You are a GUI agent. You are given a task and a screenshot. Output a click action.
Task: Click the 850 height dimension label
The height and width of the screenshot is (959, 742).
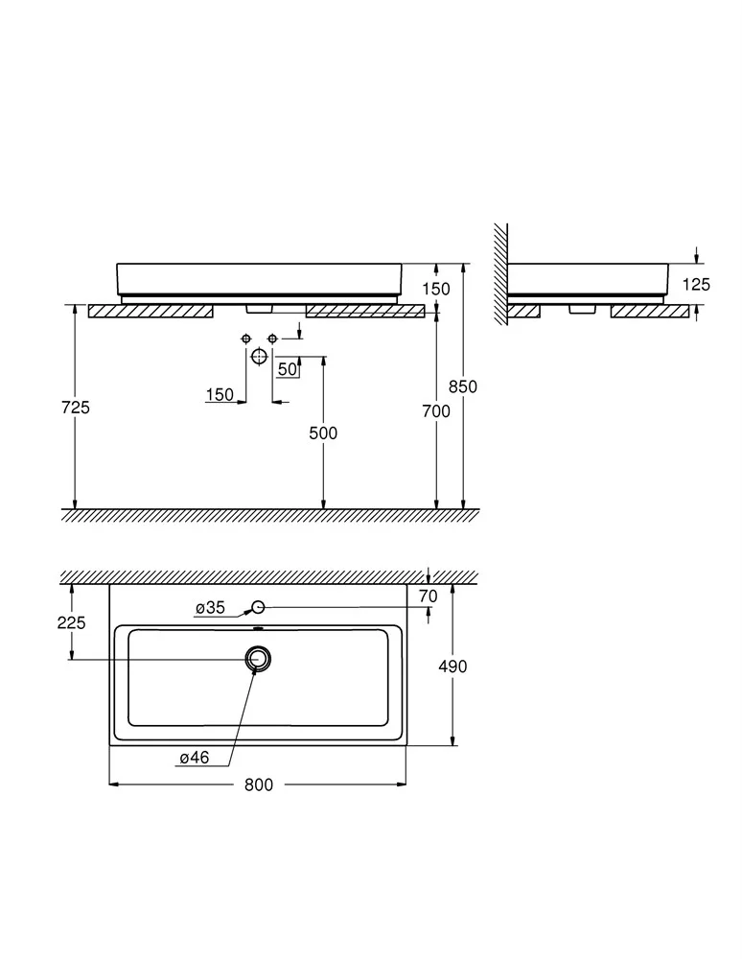click(463, 386)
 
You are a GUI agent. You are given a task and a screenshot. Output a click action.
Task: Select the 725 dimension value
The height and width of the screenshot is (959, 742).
click(75, 408)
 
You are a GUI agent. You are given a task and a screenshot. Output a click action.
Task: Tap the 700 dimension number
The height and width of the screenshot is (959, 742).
click(436, 411)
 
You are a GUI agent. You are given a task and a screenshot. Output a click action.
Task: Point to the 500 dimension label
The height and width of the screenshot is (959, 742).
click(323, 433)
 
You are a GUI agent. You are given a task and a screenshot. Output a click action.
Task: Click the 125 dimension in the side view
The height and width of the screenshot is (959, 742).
click(696, 285)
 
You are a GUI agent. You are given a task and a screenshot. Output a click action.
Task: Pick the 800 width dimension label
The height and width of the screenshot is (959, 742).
click(259, 784)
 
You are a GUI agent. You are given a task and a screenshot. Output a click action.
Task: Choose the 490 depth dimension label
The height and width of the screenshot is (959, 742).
click(452, 667)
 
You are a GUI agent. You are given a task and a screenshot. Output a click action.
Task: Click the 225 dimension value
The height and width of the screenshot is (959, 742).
click(72, 622)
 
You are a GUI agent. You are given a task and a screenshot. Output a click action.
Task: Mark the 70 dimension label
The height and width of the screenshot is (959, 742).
click(428, 596)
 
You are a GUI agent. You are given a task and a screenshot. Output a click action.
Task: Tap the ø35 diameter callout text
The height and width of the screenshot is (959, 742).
click(210, 608)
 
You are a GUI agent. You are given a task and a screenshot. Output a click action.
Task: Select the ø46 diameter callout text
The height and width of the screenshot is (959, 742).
click(195, 758)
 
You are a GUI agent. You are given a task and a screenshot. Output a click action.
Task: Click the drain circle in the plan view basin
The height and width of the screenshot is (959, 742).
click(258, 659)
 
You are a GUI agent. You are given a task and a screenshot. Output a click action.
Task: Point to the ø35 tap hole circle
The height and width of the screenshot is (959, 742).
click(258, 607)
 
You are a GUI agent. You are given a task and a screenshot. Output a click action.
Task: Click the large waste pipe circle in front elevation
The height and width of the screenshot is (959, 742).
click(259, 357)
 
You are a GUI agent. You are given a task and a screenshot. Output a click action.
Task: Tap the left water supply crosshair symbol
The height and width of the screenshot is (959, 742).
click(246, 339)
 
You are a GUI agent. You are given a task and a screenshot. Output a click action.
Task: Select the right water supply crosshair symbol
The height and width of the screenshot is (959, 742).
click(272, 339)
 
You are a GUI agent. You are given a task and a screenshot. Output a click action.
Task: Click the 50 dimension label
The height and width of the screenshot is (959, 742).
click(288, 369)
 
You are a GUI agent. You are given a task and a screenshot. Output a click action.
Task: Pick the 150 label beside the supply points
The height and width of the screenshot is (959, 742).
click(220, 395)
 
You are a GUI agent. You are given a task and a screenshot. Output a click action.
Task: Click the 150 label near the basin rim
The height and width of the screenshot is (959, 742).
click(436, 289)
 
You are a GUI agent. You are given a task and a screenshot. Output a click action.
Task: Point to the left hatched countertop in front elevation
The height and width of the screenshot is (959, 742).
click(151, 312)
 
